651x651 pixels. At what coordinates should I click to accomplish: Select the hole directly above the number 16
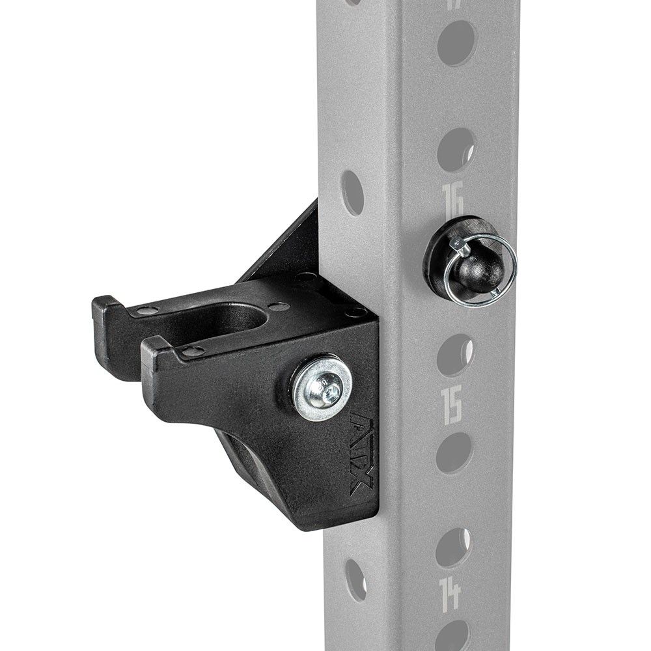coord(456,149)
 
